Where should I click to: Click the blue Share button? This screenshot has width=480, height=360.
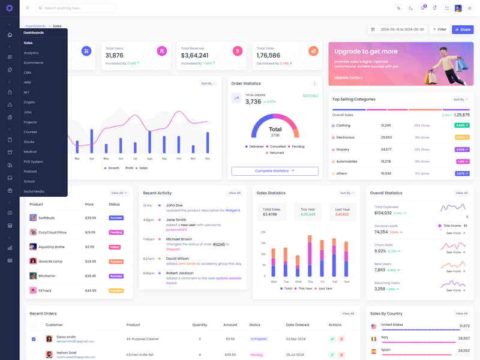coord(463,29)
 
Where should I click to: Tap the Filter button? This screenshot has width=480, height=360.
coord(440,29)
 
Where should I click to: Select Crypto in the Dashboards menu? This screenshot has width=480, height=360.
coord(29,102)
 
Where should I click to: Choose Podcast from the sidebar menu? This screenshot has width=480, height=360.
coord(31,172)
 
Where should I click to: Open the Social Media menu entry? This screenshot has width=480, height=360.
coord(34,191)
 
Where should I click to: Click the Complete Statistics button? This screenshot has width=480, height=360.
coord(275,171)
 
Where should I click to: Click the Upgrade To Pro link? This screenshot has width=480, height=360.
coord(348,77)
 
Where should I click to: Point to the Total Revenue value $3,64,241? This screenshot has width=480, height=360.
coord(195,56)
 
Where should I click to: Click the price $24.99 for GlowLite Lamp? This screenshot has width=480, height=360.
coord(91,262)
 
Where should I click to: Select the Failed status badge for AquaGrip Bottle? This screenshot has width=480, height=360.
coord(115,247)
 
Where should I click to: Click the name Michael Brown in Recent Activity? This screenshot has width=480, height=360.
coord(179,239)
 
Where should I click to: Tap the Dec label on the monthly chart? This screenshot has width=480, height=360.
coord(208,158)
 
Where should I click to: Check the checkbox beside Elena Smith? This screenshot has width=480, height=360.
coord(34,339)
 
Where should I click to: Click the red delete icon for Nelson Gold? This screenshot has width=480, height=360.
coord(341,355)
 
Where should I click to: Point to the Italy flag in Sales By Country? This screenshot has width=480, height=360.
coord(374,338)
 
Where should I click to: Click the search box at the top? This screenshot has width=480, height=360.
coord(76,8)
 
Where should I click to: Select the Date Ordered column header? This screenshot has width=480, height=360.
coord(297,325)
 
